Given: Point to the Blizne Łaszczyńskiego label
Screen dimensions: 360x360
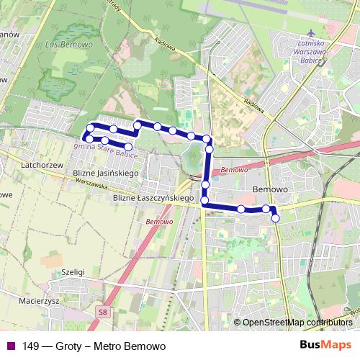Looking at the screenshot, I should (x=154, y=198).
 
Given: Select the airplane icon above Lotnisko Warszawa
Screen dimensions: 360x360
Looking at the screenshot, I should (x=310, y=34).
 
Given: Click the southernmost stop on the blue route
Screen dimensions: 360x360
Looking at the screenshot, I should (x=275, y=218).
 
